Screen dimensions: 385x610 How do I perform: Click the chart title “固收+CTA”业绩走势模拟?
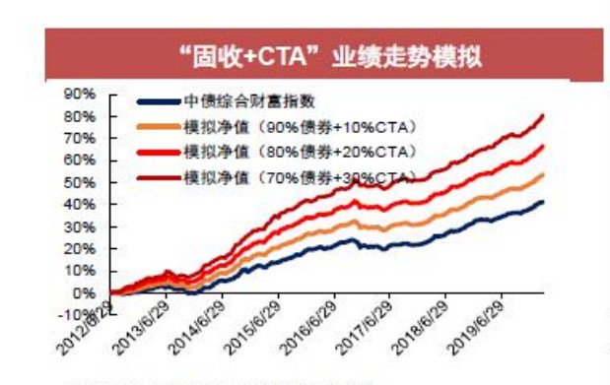click(324, 54)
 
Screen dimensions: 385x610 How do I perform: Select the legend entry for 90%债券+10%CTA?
click(302, 126)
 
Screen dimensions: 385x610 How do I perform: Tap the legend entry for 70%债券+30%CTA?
click(302, 176)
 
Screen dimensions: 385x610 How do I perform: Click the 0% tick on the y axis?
click(85, 293)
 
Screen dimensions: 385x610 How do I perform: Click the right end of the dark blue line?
click(542, 202)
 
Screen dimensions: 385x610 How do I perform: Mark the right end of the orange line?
click(542, 174)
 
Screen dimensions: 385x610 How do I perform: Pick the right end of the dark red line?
click(542, 115)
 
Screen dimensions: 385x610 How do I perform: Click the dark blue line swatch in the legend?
click(159, 101)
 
